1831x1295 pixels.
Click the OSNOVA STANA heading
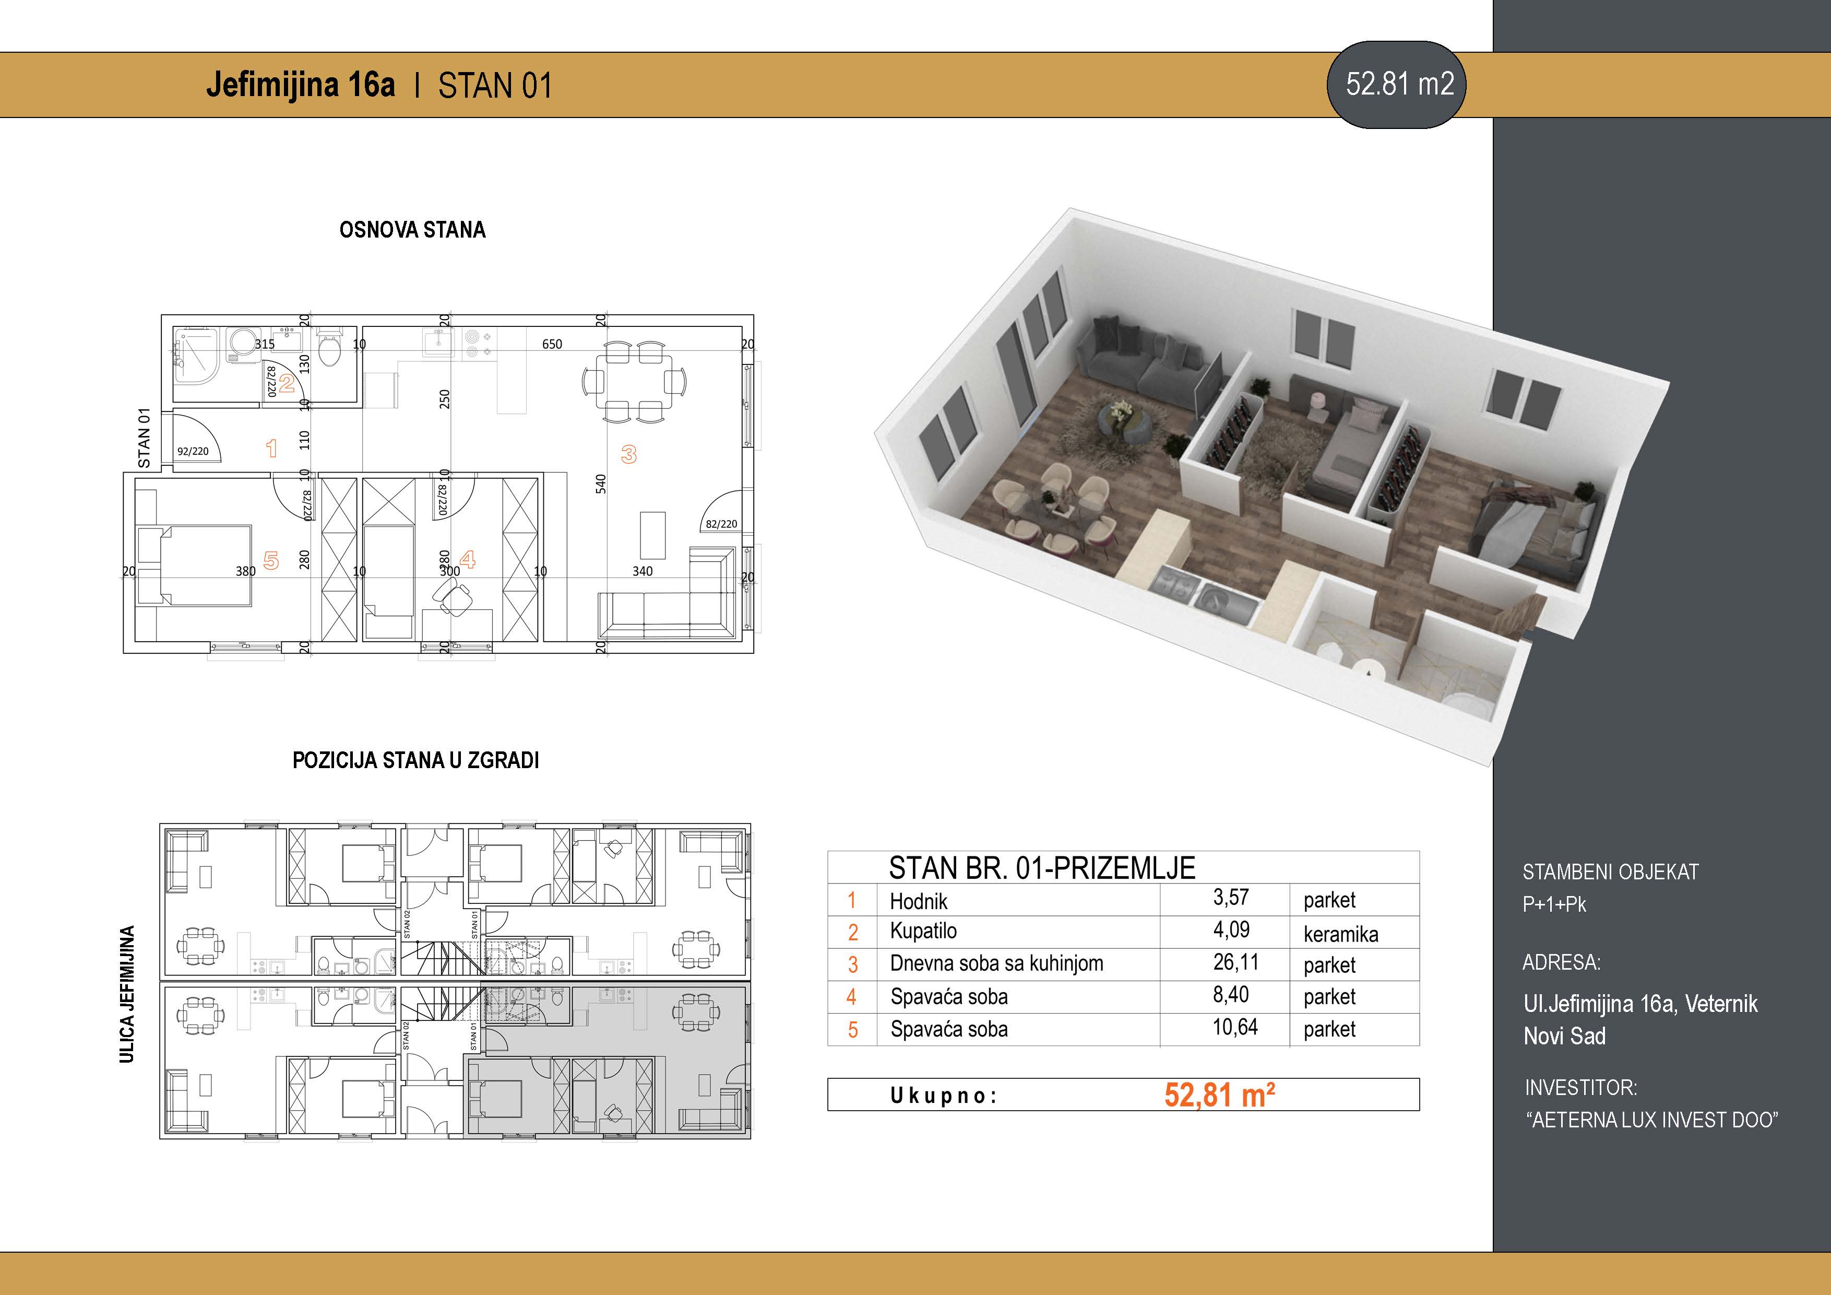tap(412, 230)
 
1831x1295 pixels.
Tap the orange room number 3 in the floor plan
tap(628, 455)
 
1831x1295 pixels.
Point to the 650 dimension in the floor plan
tap(552, 345)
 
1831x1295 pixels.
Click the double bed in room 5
tap(195, 565)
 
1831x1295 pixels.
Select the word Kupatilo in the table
tap(923, 931)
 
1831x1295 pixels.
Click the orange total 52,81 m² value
tap(1219, 1094)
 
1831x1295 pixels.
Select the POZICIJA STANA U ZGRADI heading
tap(415, 760)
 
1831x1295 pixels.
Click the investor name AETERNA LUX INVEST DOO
tap(1652, 1120)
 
